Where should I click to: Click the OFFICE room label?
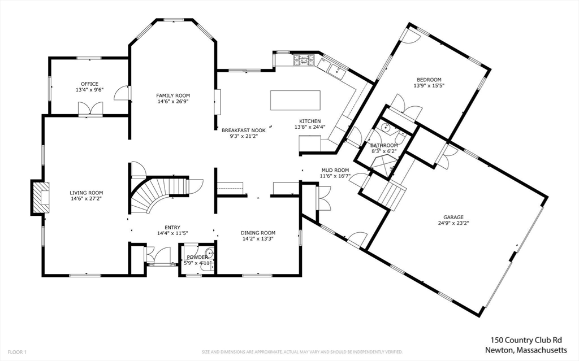[89, 84]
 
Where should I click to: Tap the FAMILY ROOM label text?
[173, 95]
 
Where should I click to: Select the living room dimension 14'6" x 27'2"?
[87, 199]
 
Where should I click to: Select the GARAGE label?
[453, 217]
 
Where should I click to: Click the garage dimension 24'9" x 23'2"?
[453, 223]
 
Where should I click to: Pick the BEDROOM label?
[429, 80]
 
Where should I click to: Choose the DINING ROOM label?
[258, 233]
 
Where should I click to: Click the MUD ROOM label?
[335, 170]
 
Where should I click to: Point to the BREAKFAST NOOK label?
[243, 129]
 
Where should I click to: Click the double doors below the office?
[90, 109]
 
